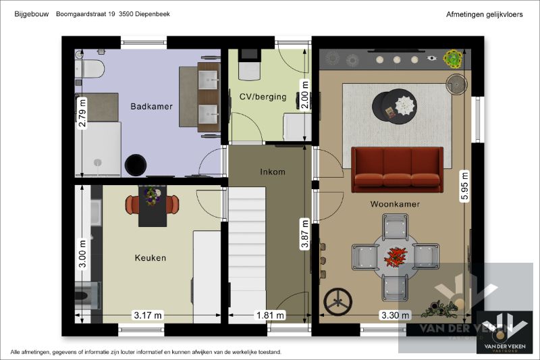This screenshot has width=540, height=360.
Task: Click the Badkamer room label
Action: tap(151, 106)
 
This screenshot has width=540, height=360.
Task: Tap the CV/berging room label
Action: tap(263, 97)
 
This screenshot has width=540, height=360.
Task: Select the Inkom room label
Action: tap(272, 172)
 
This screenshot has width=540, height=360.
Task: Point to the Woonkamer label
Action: tap(395, 203)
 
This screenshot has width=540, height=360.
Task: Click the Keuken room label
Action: tap(150, 257)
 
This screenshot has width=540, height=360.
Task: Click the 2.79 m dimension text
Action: tap(82, 116)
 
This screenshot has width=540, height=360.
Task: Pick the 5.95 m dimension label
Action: tap(464, 184)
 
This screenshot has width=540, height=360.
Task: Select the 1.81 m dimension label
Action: tap(270, 315)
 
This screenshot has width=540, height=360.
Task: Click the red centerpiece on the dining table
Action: tap(396, 257)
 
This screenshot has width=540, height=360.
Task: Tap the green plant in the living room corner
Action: tap(452, 59)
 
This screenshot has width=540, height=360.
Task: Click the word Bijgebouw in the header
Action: tap(28, 14)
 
